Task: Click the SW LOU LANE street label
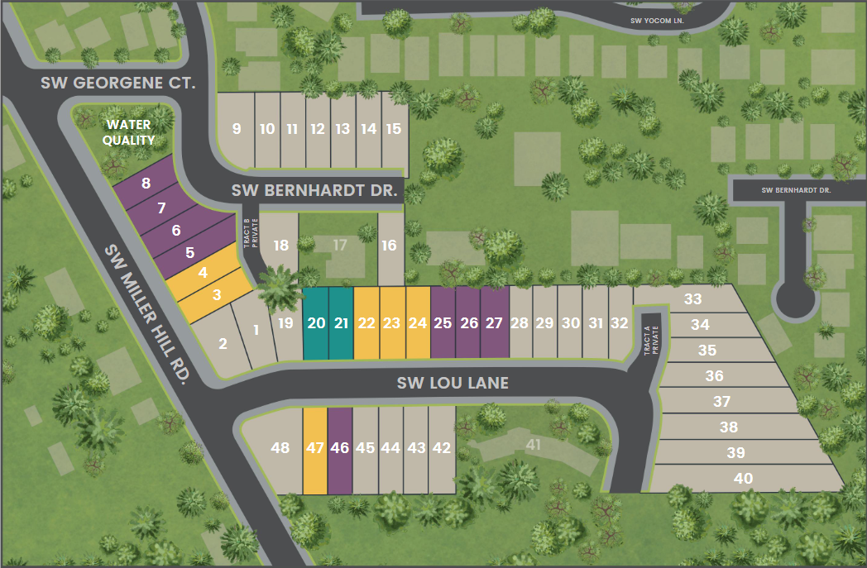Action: (452, 383)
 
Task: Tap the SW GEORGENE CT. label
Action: (117, 84)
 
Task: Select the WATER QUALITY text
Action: (127, 132)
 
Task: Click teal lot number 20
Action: (316, 323)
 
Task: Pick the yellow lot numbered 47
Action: (315, 448)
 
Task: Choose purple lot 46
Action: (339, 448)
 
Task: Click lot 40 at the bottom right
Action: (743, 478)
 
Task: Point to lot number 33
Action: (692, 299)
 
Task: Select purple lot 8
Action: (146, 184)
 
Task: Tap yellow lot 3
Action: (217, 294)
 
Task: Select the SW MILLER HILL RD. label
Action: (148, 313)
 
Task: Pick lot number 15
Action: (394, 129)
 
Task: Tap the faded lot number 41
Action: (533, 445)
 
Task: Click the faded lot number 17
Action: (339, 245)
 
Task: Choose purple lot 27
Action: (494, 323)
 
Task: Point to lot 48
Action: (280, 448)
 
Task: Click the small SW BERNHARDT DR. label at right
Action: (796, 190)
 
